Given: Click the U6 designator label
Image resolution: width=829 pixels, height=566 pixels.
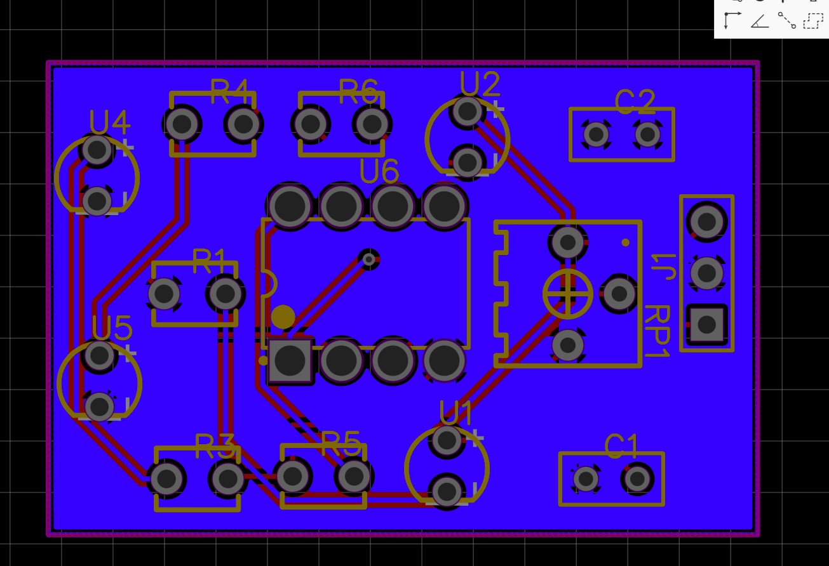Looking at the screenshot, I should pyautogui.click(x=379, y=171).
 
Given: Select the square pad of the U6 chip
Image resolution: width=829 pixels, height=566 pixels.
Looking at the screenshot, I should pyautogui.click(x=290, y=360).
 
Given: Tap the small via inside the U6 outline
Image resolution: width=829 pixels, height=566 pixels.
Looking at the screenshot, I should pyautogui.click(x=368, y=258).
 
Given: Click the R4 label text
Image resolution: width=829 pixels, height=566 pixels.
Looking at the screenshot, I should pyautogui.click(x=229, y=91).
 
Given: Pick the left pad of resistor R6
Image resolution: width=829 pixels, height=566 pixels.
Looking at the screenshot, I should pyautogui.click(x=311, y=124).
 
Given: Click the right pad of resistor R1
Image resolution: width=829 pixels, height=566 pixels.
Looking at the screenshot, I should pyautogui.click(x=225, y=294).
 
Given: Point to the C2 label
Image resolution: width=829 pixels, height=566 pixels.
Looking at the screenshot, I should pyautogui.click(x=635, y=102).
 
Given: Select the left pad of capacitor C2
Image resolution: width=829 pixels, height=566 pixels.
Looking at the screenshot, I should pyautogui.click(x=596, y=134).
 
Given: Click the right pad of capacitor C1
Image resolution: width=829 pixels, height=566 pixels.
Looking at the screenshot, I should pyautogui.click(x=638, y=478).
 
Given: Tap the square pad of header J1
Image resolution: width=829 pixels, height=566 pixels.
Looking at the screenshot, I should pyautogui.click(x=706, y=325).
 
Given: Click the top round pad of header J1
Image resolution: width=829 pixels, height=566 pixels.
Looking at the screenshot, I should pyautogui.click(x=706, y=221).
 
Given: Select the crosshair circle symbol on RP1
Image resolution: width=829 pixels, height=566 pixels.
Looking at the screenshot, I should pyautogui.click(x=567, y=294).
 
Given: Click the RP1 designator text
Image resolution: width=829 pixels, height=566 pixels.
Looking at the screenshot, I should pyautogui.click(x=656, y=331).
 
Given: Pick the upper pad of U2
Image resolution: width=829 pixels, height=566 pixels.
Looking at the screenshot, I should pyautogui.click(x=468, y=111).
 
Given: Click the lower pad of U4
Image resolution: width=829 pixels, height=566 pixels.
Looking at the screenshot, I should pyautogui.click(x=97, y=201).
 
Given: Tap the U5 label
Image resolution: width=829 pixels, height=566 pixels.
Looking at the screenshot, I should pyautogui.click(x=112, y=328).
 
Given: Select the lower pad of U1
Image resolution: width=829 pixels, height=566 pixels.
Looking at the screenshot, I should pyautogui.click(x=447, y=490).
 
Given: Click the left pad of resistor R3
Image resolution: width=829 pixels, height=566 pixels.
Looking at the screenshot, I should pyautogui.click(x=166, y=479).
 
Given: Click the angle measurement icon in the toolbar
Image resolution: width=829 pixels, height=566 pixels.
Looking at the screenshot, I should pyautogui.click(x=760, y=21).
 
